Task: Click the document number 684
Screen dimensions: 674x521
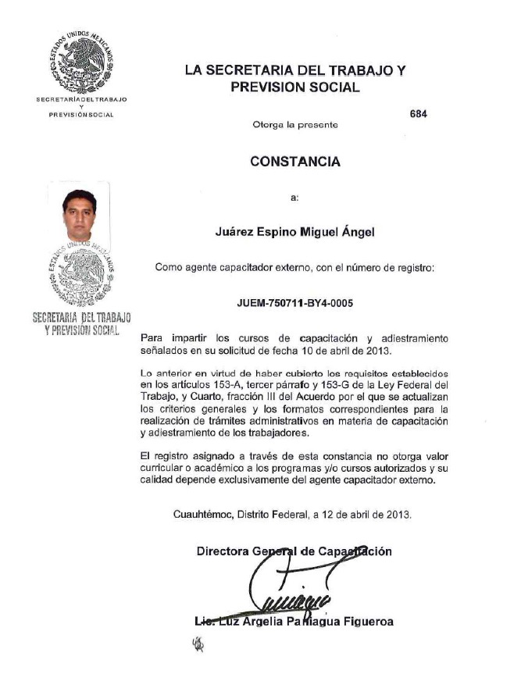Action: pos(418,113)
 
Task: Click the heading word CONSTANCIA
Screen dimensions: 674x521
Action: pos(295,162)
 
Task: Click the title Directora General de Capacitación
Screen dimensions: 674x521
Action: pos(294,551)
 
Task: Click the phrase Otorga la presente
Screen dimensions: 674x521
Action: pos(295,125)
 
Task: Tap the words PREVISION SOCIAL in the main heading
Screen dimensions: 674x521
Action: pos(295,88)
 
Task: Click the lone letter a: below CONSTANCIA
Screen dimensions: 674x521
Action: pos(294,198)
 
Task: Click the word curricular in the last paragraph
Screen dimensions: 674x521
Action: pos(166,468)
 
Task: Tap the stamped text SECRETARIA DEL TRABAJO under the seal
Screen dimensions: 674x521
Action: pos(82,318)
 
